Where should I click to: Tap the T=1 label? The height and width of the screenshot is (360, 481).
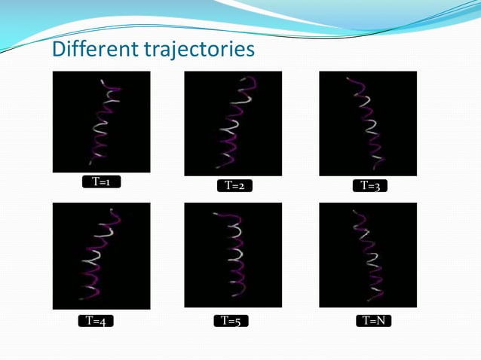point(101,182)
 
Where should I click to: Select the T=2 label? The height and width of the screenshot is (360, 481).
point(234,186)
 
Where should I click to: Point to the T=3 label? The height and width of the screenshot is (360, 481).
point(370,185)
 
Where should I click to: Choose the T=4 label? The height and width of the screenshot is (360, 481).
point(96,322)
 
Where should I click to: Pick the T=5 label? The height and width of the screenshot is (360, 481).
point(231,321)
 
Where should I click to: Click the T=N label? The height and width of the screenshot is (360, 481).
point(373,321)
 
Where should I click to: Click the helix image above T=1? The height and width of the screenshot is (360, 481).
point(101,122)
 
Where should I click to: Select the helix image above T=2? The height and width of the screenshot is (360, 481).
point(233,124)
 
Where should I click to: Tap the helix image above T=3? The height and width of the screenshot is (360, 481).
point(368,124)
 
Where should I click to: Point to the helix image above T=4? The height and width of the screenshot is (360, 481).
point(101,256)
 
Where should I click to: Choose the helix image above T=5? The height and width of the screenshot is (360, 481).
point(233,255)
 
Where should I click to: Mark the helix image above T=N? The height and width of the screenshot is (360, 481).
point(368,255)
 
